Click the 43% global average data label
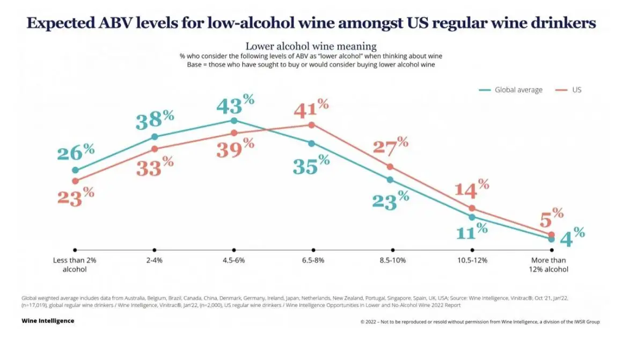(x=235, y=104)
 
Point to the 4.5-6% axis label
(x=234, y=260)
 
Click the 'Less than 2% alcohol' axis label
(x=75, y=265)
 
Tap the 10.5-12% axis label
(x=472, y=260)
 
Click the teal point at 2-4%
(x=155, y=137)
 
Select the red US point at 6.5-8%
(x=311, y=125)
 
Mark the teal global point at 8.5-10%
(x=390, y=180)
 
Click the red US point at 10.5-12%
(x=472, y=208)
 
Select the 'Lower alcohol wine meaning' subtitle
(x=311, y=46)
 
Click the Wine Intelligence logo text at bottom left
(x=48, y=321)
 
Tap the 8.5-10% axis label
(x=392, y=260)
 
